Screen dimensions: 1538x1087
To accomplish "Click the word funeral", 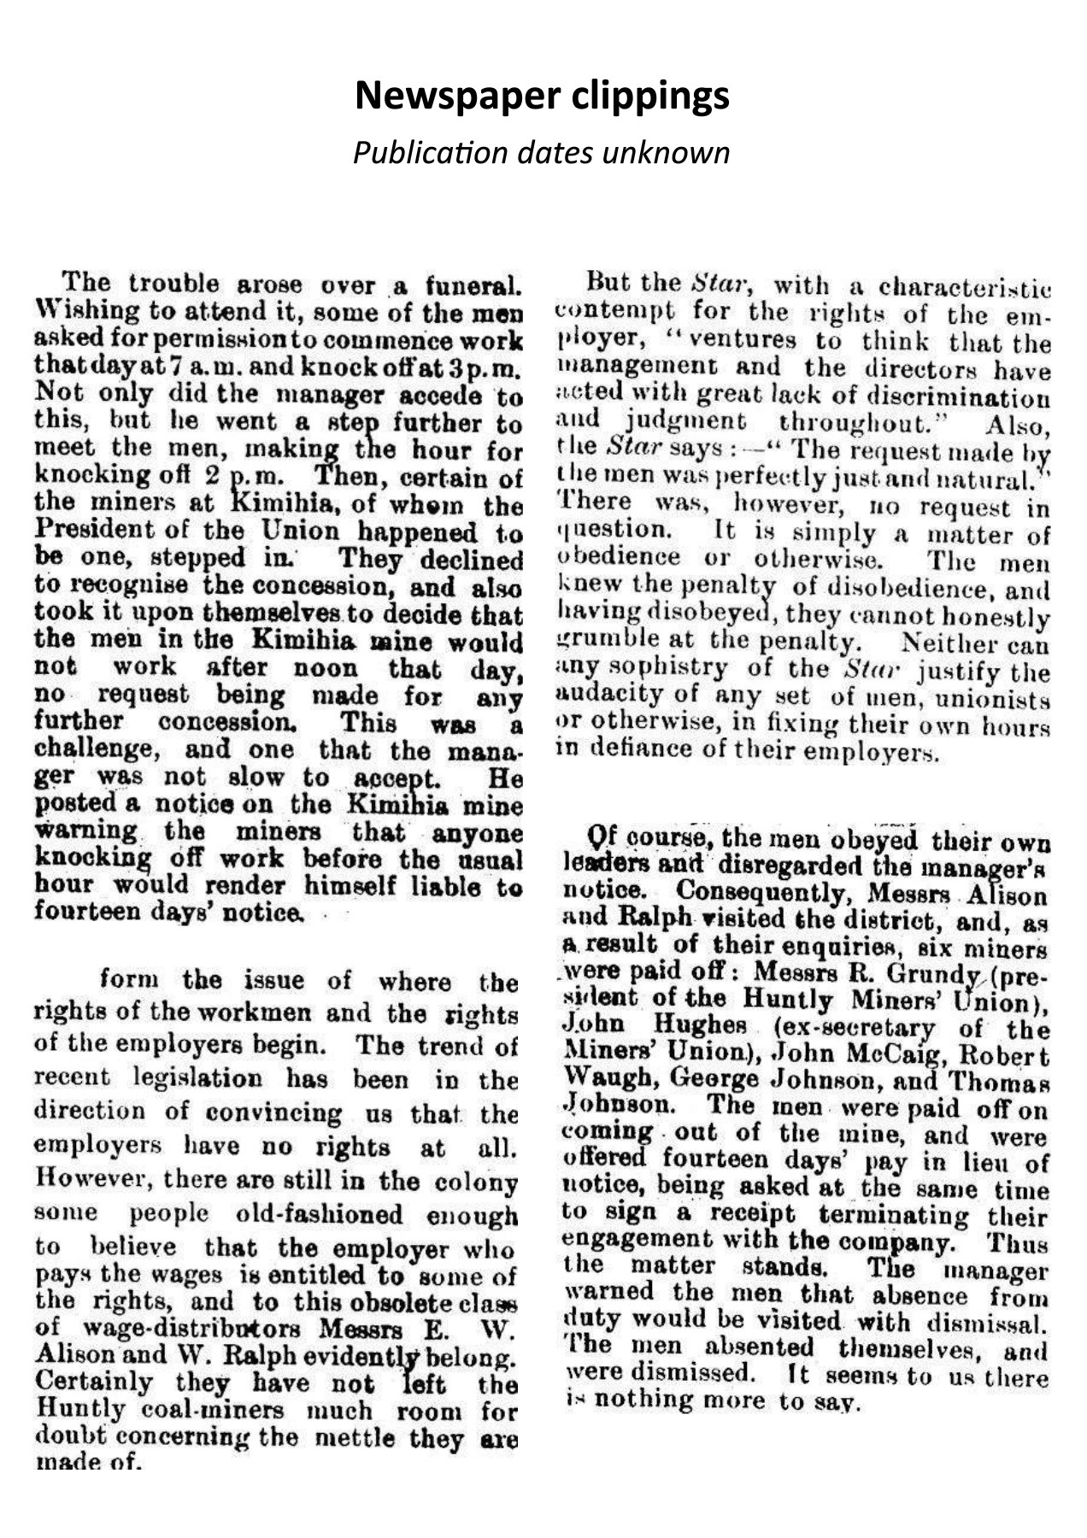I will click(473, 284).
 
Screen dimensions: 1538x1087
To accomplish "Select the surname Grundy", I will click(932, 973).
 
